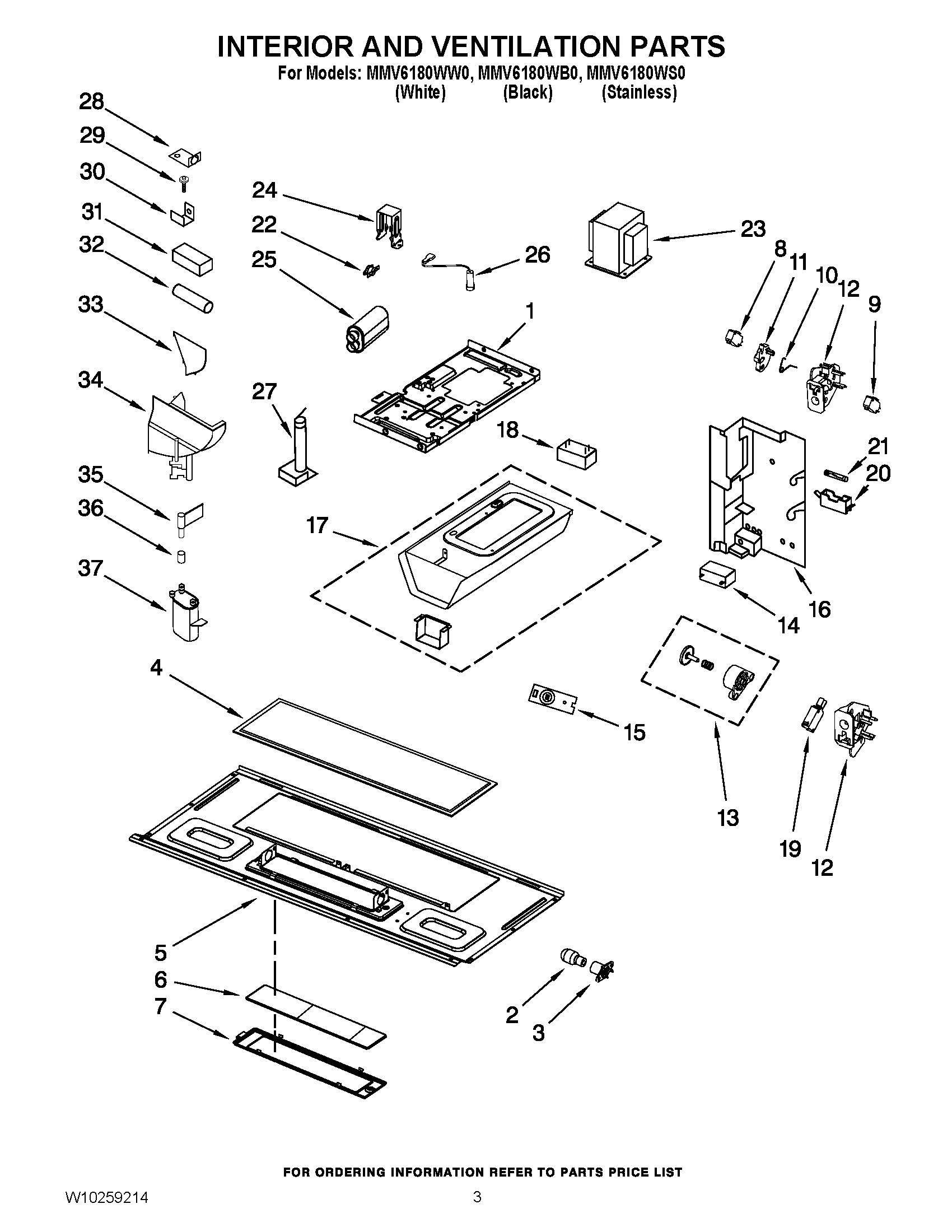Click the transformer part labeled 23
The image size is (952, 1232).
tap(618, 239)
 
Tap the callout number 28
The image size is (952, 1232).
tap(91, 102)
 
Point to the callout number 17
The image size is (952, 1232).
tap(318, 525)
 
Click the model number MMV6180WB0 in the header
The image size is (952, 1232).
tap(528, 74)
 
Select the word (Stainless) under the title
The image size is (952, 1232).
tap(639, 92)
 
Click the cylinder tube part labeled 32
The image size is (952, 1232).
tap(192, 299)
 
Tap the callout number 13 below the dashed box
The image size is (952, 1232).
tap(727, 817)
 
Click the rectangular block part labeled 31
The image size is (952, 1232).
tap(192, 259)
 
